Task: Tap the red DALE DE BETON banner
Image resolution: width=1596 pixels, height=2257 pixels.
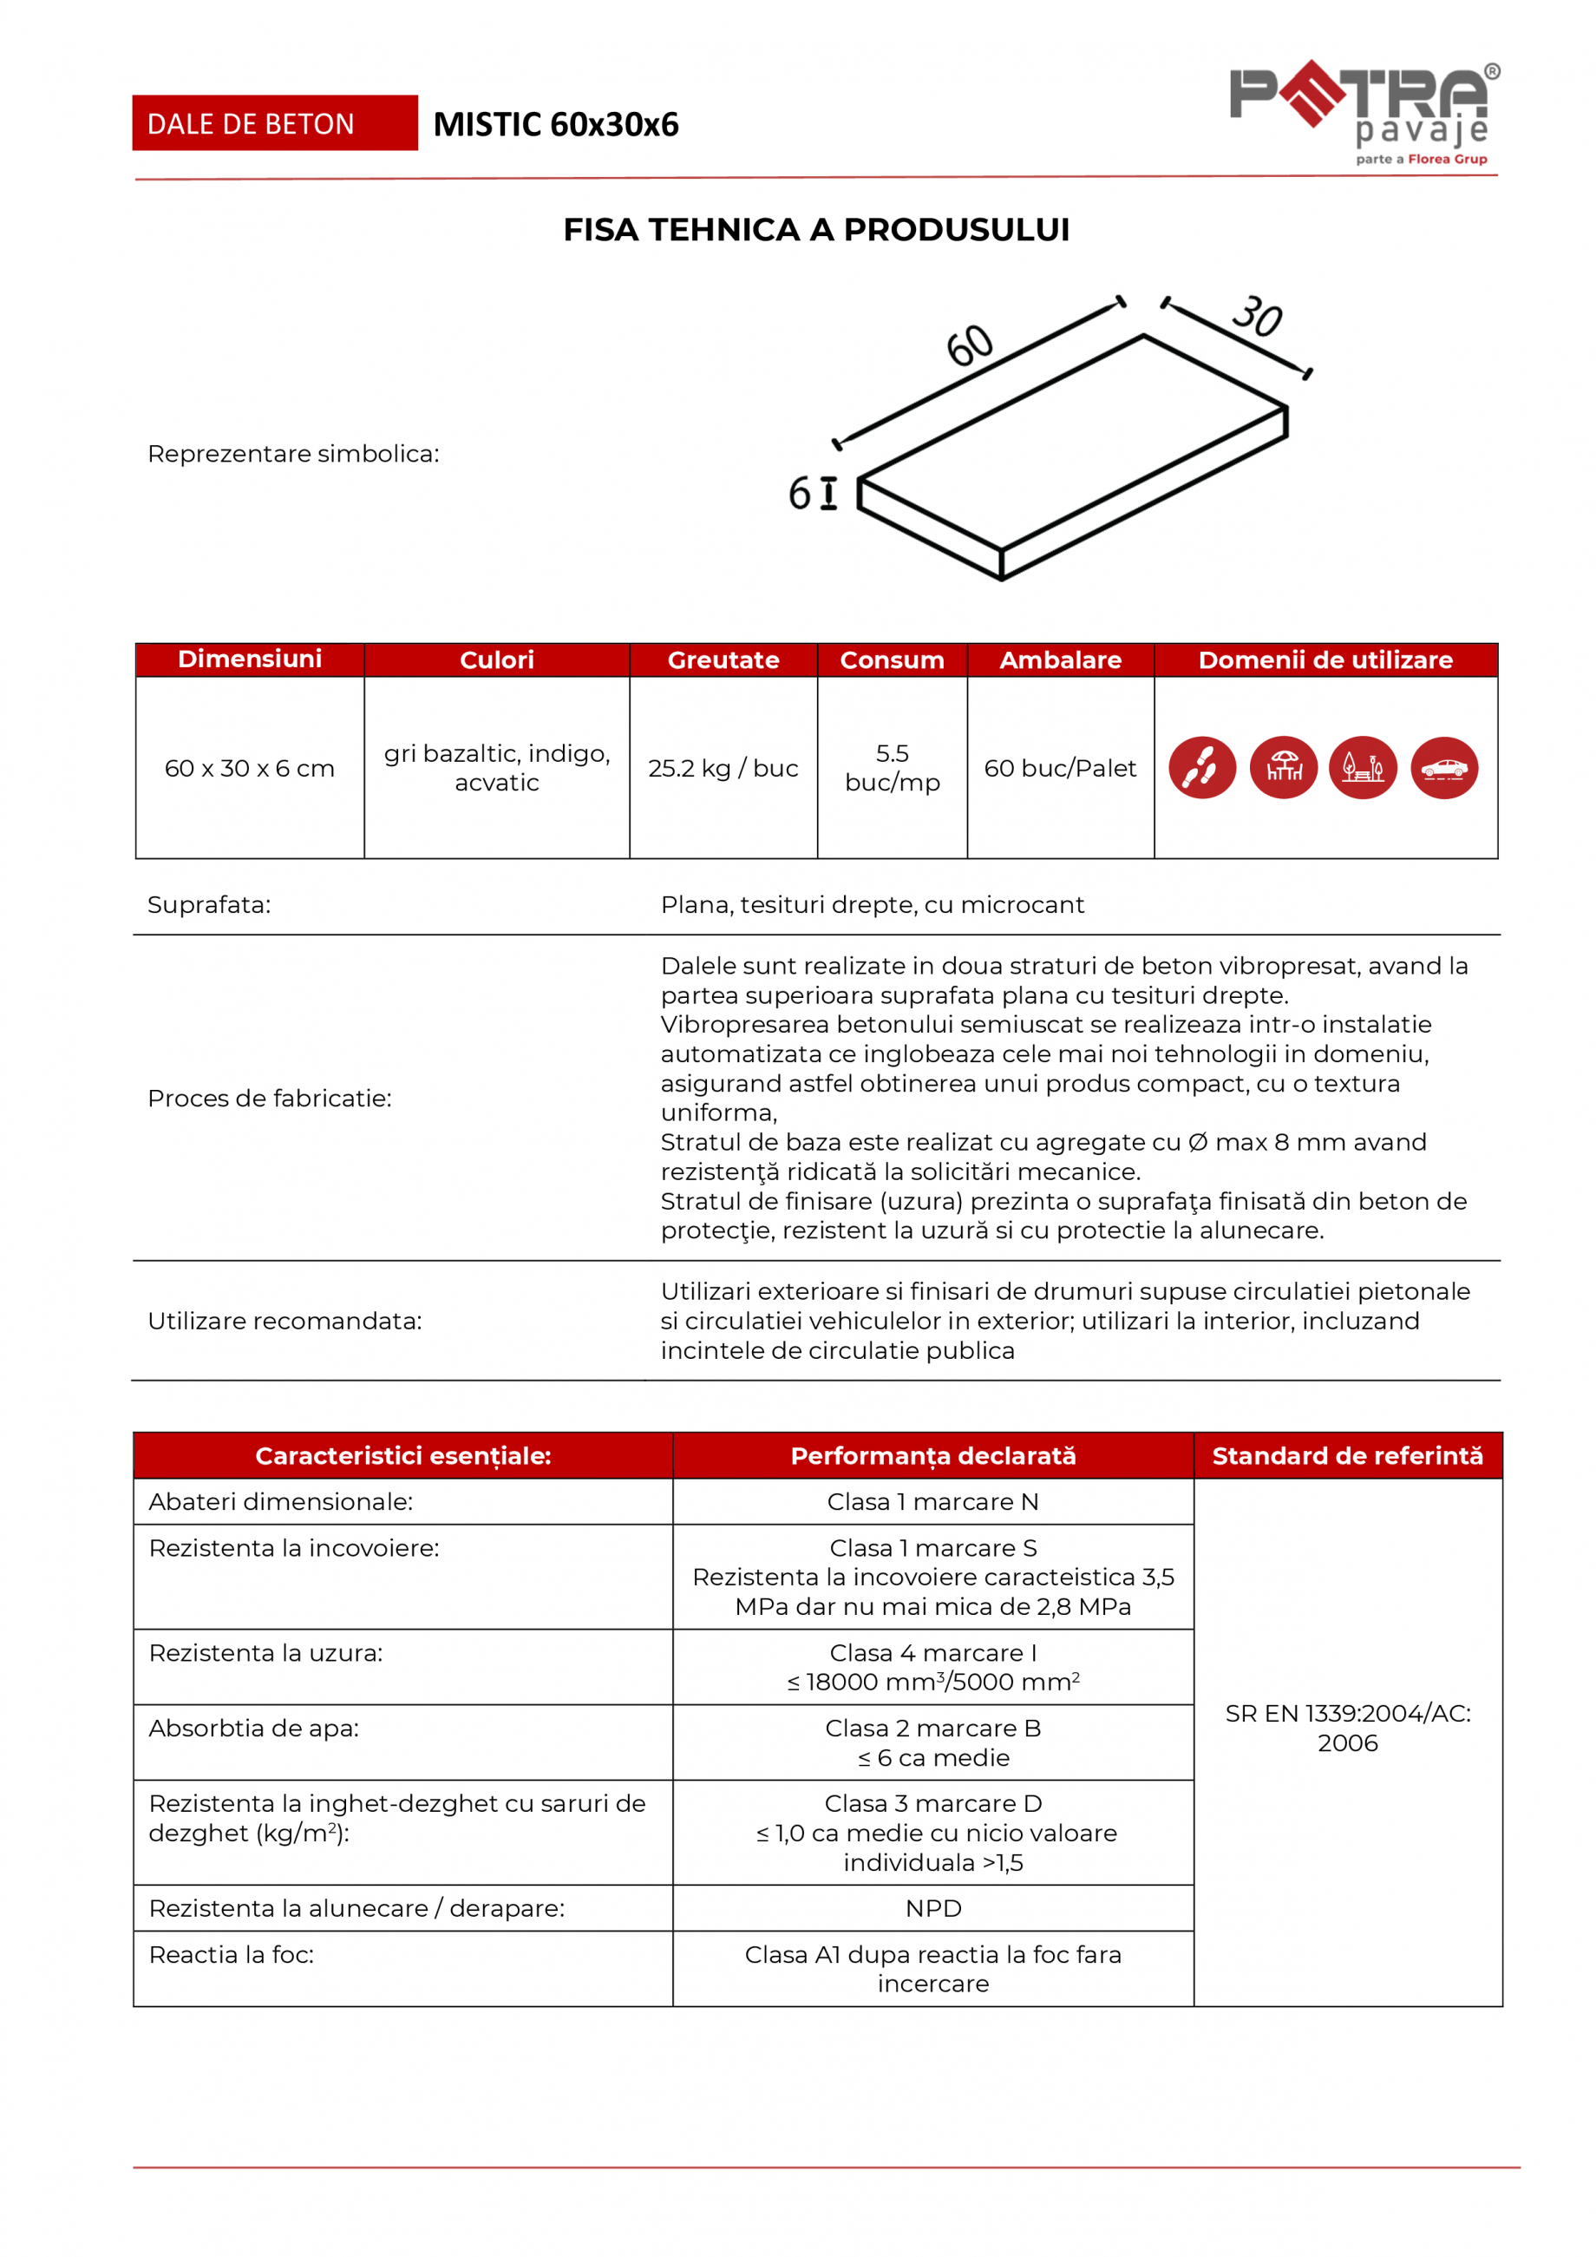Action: [274, 124]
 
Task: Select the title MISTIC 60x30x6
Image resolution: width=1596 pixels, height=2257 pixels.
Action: [555, 125]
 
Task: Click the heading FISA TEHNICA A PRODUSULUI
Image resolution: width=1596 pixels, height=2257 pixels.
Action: [815, 230]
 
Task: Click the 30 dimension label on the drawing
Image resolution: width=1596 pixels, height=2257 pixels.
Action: [1257, 317]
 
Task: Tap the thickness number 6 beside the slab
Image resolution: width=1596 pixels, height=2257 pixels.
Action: [799, 494]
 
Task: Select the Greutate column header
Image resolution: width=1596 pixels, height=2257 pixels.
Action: [723, 660]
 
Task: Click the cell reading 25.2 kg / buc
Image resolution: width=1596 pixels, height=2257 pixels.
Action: [723, 768]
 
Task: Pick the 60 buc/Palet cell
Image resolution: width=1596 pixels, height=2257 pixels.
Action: [1061, 768]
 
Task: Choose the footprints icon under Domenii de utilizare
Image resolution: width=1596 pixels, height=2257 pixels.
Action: [1202, 768]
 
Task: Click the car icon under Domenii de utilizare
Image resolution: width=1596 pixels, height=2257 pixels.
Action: [1443, 768]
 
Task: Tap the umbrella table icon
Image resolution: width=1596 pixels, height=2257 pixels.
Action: [1284, 768]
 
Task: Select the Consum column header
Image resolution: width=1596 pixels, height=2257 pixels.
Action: [893, 660]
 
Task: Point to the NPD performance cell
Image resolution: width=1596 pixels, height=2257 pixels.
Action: [932, 1908]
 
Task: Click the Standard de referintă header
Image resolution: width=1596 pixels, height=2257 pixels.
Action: [1347, 1456]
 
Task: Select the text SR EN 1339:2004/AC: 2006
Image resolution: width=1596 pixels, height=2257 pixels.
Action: [1347, 1729]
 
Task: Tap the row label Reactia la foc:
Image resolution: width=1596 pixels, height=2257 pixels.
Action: [232, 1954]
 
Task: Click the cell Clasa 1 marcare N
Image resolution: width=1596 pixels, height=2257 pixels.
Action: [932, 1502]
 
